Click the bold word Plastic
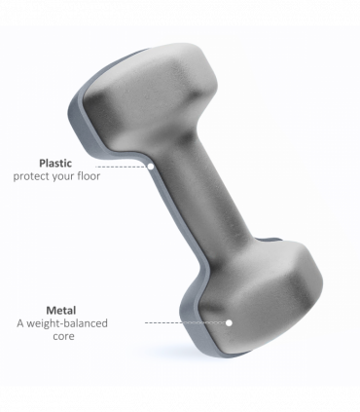click(x=55, y=163)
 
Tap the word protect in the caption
click(x=30, y=176)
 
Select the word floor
click(x=89, y=176)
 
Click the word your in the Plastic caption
click(x=62, y=177)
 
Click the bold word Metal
click(x=61, y=311)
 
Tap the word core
click(x=63, y=336)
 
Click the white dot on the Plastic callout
click(x=151, y=167)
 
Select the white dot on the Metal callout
click(x=229, y=322)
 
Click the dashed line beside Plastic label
click(x=122, y=167)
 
